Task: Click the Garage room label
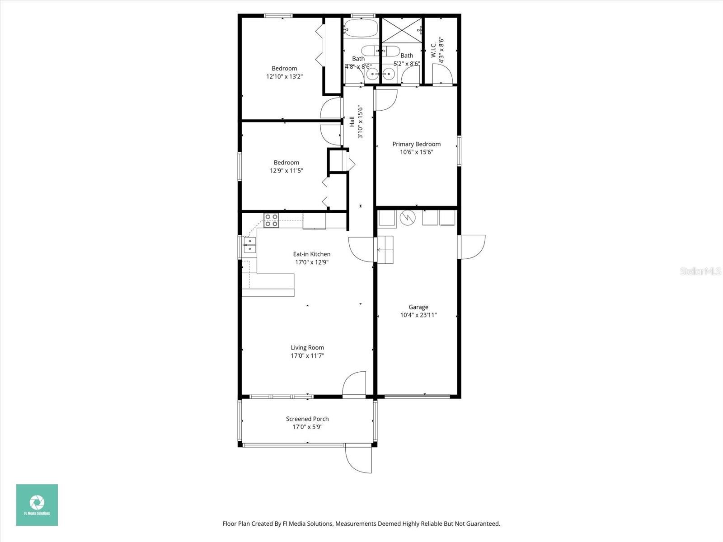[x=418, y=307]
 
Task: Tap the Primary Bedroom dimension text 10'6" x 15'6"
[x=416, y=152]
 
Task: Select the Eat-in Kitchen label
[x=311, y=254]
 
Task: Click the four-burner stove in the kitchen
[x=272, y=220]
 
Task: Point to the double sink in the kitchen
[x=249, y=245]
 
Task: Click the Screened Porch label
[x=307, y=419]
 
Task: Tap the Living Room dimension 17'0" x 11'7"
[x=307, y=355]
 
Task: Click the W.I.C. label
[x=433, y=50]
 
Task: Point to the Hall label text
[x=352, y=121]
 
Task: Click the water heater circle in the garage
[x=408, y=218]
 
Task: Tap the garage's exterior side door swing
[x=473, y=247]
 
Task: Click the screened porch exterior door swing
[x=359, y=459]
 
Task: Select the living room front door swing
[x=354, y=384]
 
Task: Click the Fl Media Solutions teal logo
[x=37, y=505]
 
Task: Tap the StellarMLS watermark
[x=700, y=271]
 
